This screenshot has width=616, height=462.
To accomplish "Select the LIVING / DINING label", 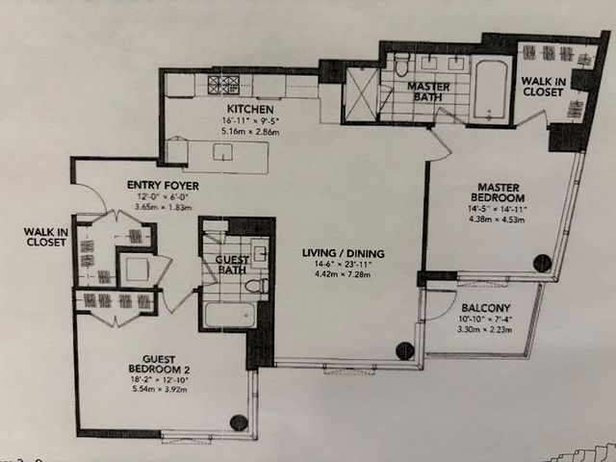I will point(344,254).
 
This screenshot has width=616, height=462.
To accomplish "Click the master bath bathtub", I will point(491,89).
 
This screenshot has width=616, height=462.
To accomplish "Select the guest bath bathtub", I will point(229,315).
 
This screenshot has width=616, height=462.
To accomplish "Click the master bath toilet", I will point(401,66).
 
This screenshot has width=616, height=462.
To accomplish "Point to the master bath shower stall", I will point(361,95).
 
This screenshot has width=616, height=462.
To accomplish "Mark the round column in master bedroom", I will point(542,261).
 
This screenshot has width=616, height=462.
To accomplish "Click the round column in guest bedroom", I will point(238,422).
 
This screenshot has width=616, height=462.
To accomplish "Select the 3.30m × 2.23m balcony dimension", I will point(471,328).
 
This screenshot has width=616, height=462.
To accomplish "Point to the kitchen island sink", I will point(222,152).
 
